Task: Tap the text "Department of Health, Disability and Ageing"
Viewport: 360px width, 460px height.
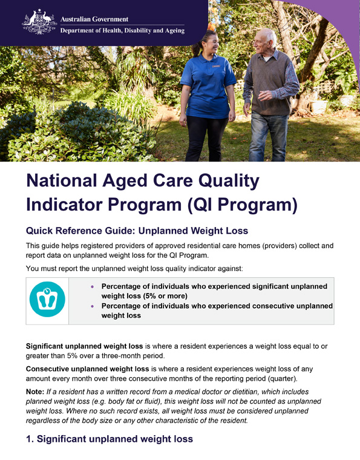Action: pyautogui.click(x=122, y=31)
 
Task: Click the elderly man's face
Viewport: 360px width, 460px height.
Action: pyautogui.click(x=263, y=40)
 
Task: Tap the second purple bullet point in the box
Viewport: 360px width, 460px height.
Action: pyautogui.click(x=92, y=306)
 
